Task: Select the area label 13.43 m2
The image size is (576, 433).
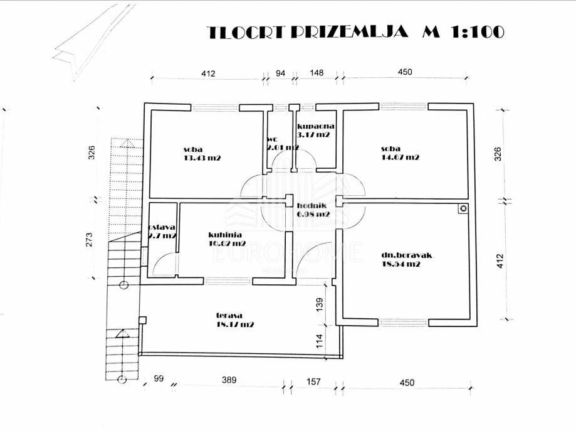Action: click(x=202, y=158)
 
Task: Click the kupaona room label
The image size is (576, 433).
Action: click(x=312, y=126)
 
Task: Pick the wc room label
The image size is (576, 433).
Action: click(x=272, y=139)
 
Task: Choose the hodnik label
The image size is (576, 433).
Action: click(x=312, y=205)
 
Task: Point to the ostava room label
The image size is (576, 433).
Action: click(x=162, y=227)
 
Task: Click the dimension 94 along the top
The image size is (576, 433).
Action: click(x=280, y=73)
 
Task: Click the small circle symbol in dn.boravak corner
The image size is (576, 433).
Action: click(x=463, y=208)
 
